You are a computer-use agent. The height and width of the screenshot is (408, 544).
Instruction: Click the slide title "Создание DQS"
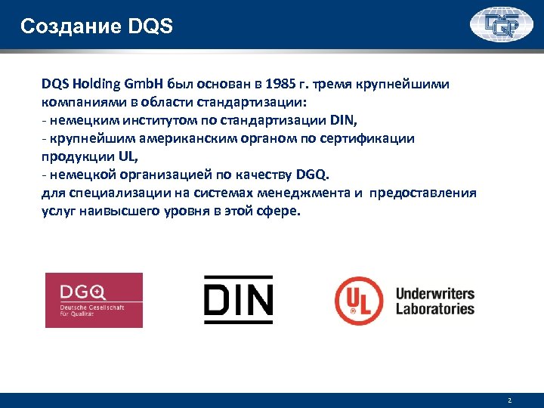pos(97,27)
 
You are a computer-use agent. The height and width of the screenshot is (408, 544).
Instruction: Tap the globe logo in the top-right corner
pos(501,26)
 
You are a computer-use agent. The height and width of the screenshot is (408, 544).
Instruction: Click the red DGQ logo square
pos(94,300)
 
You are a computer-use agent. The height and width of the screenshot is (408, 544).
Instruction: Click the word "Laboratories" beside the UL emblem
pos(434,308)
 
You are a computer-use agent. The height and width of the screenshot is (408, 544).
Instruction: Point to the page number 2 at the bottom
pos(510,400)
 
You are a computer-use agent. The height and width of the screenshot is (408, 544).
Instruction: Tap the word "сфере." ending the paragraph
pos(279,211)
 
